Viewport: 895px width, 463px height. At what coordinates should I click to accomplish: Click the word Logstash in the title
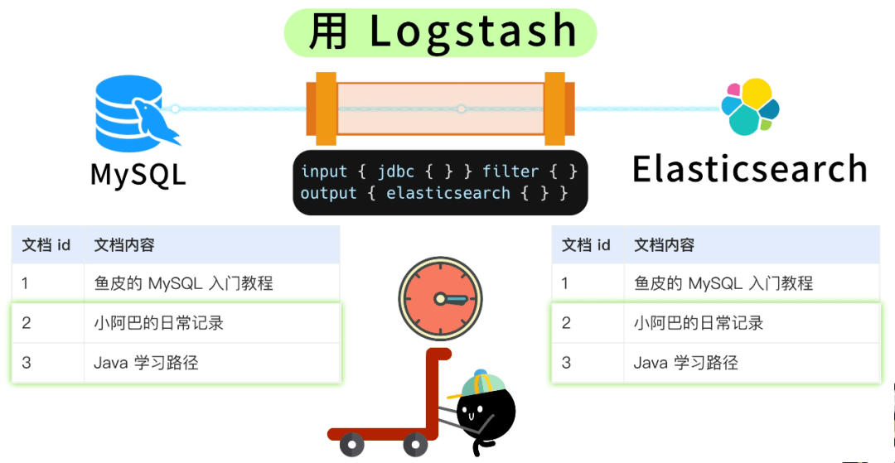tap(472, 31)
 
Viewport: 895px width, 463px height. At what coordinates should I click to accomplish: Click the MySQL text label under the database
tap(138, 175)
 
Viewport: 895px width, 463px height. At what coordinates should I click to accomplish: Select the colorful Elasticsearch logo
tap(750, 108)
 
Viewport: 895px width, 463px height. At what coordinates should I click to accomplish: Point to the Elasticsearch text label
tap(749, 169)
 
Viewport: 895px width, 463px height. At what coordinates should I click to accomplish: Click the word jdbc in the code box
tap(395, 171)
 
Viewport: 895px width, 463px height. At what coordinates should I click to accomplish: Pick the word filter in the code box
tap(510, 171)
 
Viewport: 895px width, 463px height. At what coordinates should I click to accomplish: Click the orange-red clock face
tap(439, 297)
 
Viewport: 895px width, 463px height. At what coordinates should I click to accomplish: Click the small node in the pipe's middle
tap(462, 109)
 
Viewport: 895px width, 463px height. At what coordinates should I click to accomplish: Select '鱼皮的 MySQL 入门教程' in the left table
tap(183, 283)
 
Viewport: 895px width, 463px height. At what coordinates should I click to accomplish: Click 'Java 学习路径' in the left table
tap(146, 363)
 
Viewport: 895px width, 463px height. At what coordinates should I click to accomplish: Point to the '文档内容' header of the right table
tap(664, 245)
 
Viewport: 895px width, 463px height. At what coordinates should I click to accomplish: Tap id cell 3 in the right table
tap(567, 363)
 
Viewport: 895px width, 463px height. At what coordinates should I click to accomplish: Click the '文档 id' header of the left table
tap(46, 245)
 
